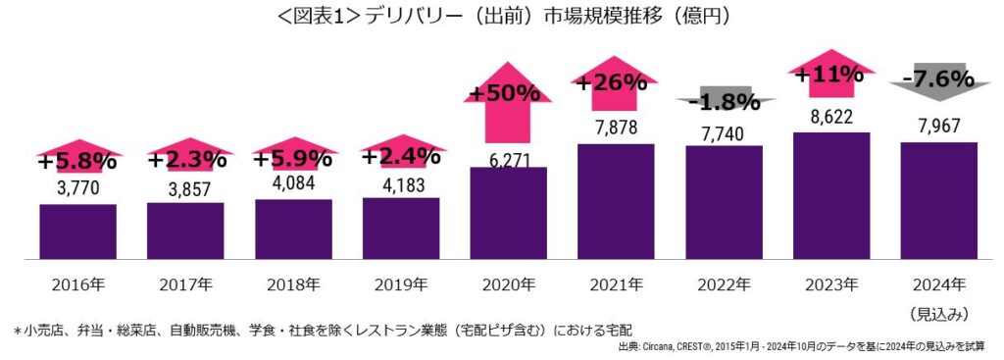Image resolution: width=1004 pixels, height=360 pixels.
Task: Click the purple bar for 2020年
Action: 509,213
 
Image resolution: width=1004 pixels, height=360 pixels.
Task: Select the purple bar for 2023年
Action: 831,195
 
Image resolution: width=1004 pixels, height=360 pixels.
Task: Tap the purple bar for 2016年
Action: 77,231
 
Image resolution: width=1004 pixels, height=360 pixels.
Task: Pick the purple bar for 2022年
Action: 724,202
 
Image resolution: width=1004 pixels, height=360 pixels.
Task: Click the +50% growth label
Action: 506,93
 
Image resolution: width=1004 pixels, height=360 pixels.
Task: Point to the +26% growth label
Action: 613,82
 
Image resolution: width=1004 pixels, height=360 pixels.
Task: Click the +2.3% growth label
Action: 185,159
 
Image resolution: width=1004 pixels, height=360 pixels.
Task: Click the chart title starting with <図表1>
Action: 502,17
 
